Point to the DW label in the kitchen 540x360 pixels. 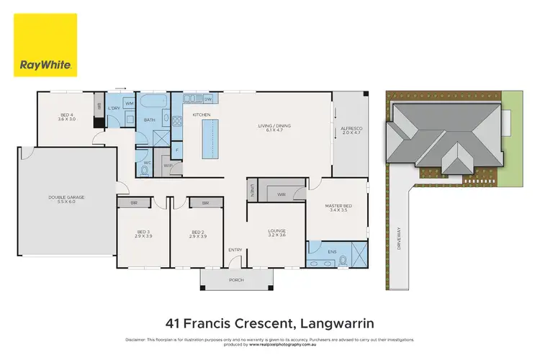coord(207,99)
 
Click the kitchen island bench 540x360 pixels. coord(210,140)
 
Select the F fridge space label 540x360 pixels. coord(178,150)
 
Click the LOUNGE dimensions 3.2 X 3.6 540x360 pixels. coord(277,235)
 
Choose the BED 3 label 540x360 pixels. coord(143,231)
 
